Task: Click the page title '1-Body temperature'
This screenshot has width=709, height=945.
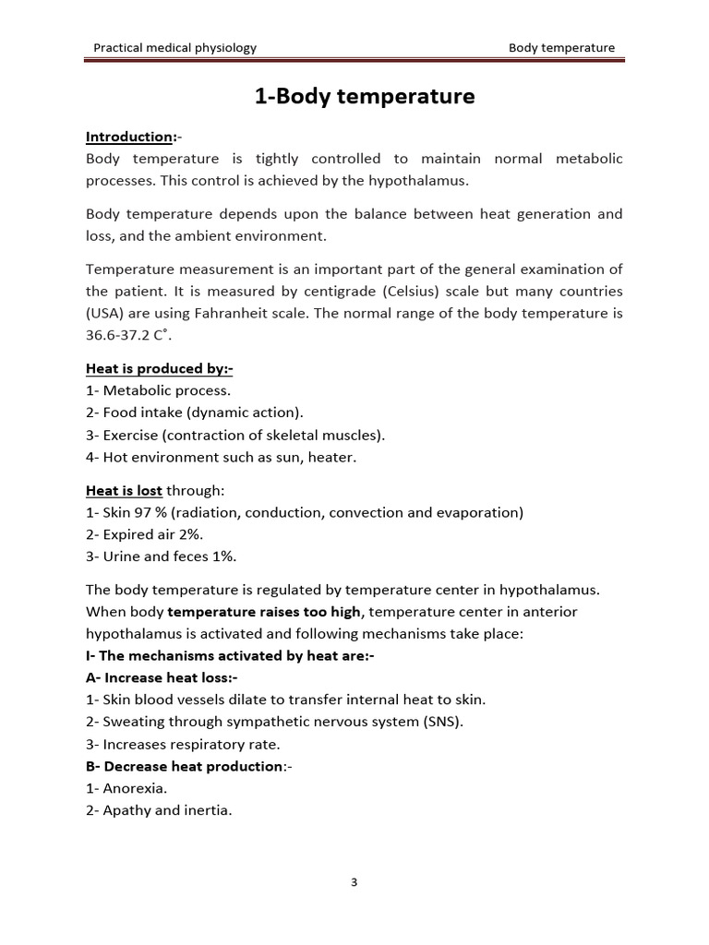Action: (365, 96)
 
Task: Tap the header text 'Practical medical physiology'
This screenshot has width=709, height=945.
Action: (175, 48)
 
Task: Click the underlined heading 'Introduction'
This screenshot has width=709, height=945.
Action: (129, 138)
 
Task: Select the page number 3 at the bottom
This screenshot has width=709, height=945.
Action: (354, 882)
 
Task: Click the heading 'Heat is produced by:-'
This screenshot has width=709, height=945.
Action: (159, 369)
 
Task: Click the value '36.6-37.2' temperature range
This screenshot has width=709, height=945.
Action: (118, 335)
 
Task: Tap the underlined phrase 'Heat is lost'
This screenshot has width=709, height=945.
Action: (124, 490)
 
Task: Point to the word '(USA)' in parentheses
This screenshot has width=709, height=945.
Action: (106, 313)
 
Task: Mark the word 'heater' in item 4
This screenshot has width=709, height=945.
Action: (332, 457)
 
